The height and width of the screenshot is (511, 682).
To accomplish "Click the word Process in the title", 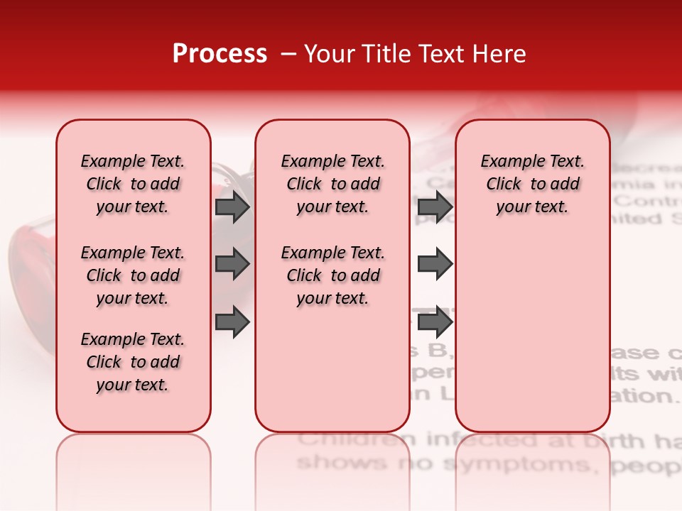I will [x=220, y=54].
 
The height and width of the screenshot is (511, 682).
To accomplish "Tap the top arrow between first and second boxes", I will [x=232, y=207].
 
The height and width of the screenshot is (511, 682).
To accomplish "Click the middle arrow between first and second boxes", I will [x=232, y=264].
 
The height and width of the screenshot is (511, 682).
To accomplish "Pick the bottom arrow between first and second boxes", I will [x=232, y=322].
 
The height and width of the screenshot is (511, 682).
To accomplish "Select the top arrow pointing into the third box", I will [x=435, y=207].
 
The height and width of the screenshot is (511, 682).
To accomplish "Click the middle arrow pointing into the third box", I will [x=435, y=264].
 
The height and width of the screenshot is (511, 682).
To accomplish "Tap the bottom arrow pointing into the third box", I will [x=435, y=322].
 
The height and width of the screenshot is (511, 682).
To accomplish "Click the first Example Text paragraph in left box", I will [x=133, y=184].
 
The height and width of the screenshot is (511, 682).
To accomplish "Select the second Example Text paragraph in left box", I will [x=133, y=275].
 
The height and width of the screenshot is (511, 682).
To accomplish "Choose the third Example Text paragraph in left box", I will [x=133, y=362].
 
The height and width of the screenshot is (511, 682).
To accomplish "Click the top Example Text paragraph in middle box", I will [x=332, y=184].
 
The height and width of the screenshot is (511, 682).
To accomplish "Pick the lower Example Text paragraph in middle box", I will [x=332, y=275].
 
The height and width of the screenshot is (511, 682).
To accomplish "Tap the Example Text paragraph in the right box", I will [x=532, y=184].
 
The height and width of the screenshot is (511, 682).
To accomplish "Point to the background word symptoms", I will [x=522, y=465].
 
